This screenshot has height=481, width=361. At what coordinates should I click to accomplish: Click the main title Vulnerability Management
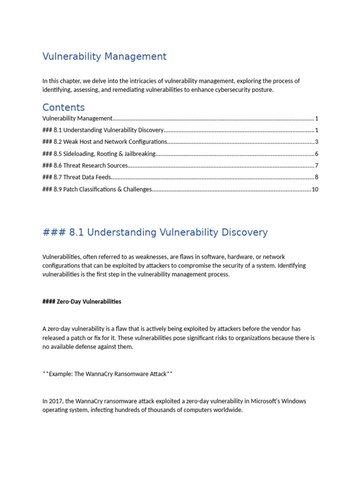click(104, 57)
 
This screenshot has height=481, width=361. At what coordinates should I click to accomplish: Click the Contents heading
click(63, 107)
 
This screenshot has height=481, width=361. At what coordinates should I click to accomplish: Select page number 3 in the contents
click(317, 142)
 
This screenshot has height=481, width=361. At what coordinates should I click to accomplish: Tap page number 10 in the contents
click(315, 189)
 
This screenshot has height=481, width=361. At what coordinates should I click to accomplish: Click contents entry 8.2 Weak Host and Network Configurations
click(104, 142)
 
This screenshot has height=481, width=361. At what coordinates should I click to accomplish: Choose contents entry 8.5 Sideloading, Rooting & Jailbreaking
click(99, 154)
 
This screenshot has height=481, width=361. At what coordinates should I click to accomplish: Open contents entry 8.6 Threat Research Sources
click(85, 165)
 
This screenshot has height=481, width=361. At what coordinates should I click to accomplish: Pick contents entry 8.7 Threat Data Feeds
click(77, 177)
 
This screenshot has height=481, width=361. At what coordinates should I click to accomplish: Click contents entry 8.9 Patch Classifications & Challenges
click(97, 189)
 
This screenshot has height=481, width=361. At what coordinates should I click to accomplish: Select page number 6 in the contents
click(317, 154)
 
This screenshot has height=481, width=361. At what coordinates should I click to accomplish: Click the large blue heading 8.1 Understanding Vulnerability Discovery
click(155, 233)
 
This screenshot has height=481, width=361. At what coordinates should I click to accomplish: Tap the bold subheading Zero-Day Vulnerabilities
click(82, 302)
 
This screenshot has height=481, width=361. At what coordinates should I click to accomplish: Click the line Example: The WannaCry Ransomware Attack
click(108, 374)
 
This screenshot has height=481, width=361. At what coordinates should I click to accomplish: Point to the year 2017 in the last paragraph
click(55, 401)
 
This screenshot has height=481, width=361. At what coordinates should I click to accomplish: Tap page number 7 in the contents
click(317, 165)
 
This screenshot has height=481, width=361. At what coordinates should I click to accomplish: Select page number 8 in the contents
click(317, 177)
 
